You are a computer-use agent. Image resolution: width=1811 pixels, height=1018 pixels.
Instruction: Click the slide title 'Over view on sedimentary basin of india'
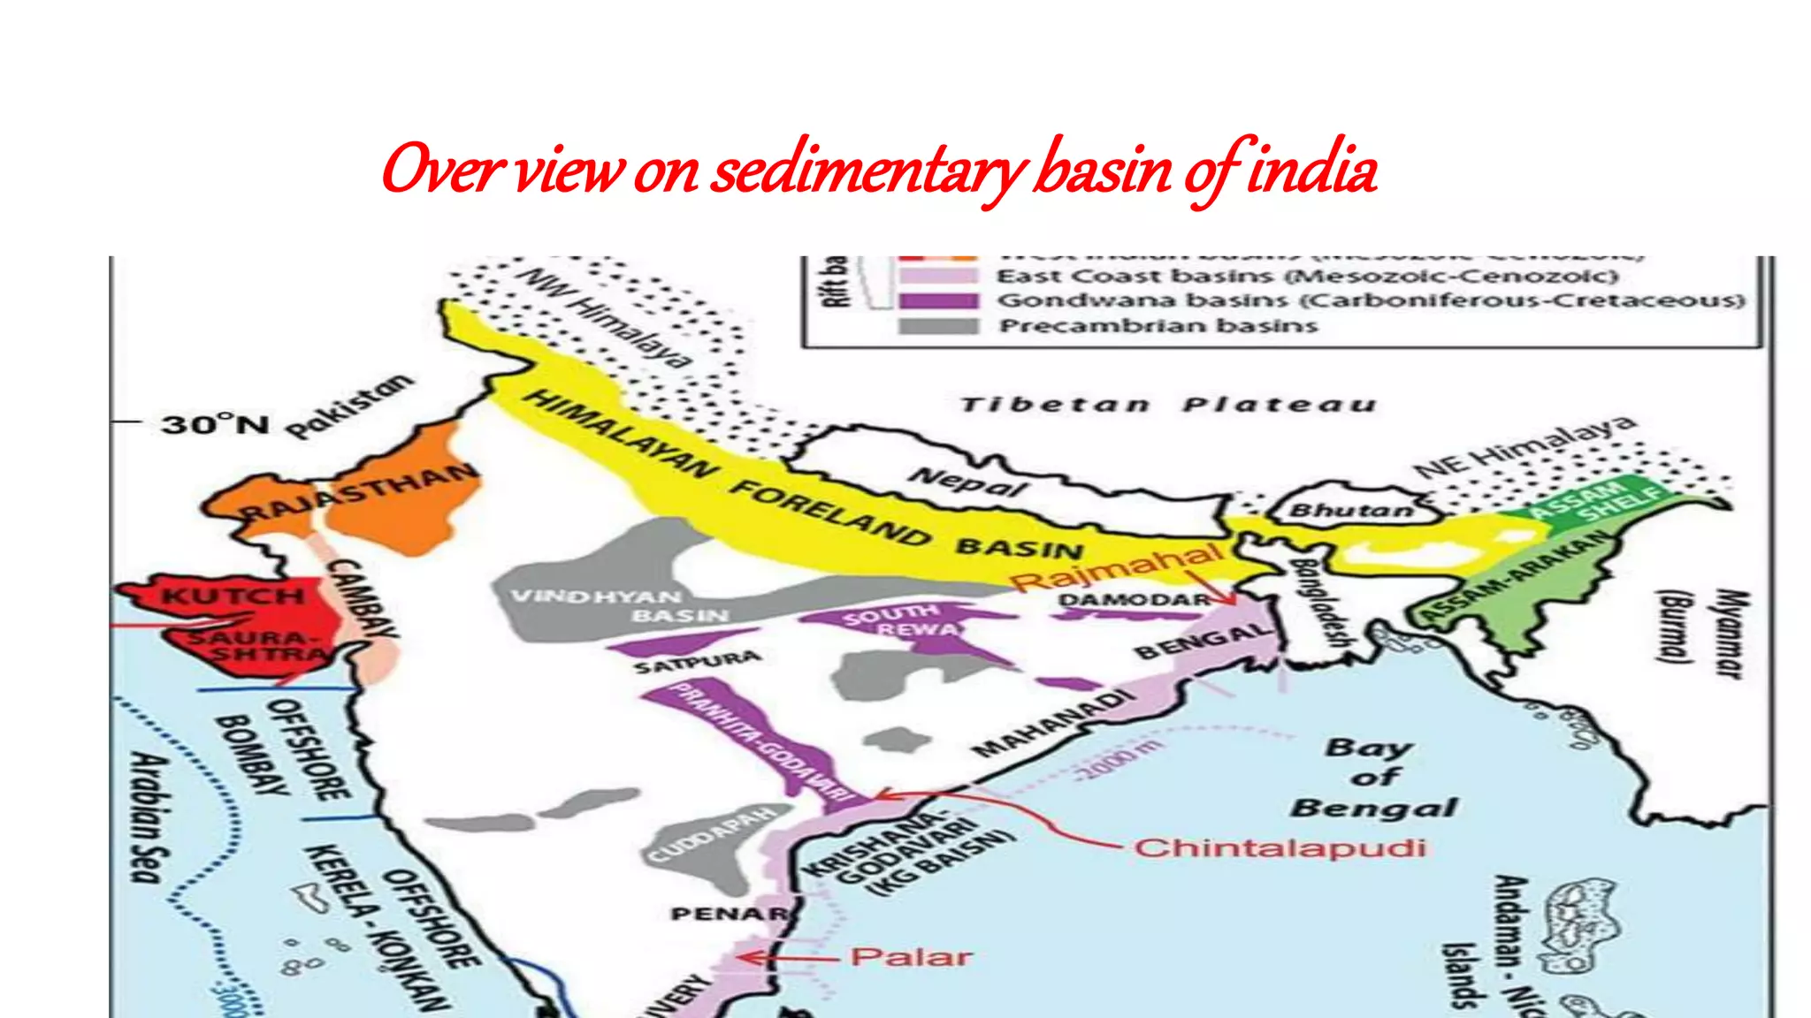[879, 170]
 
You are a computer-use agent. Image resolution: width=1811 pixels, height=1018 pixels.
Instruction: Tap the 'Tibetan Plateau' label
[1169, 406]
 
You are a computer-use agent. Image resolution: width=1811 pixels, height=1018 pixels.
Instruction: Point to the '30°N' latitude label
[215, 424]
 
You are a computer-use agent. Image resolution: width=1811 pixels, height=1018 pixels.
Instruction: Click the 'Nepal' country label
[968, 482]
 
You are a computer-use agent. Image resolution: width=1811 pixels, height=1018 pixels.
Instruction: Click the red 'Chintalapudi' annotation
[1280, 848]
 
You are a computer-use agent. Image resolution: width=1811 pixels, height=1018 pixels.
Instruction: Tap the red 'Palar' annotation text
[911, 957]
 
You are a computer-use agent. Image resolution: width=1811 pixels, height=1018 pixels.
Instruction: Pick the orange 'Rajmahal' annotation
[1117, 568]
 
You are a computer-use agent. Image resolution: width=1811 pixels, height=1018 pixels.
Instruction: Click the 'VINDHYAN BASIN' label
[619, 606]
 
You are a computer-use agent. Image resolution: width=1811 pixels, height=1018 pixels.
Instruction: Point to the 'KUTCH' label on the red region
[233, 596]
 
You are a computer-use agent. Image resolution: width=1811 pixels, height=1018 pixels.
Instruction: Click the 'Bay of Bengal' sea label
[1372, 778]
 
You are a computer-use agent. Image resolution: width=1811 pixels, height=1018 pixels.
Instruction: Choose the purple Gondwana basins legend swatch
[938, 300]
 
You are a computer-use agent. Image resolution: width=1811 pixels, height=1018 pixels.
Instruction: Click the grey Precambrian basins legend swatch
[938, 326]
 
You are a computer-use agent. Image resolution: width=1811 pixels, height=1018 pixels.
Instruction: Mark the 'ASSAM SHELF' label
[1592, 500]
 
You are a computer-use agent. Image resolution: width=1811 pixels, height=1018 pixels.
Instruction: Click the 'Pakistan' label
[350, 406]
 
